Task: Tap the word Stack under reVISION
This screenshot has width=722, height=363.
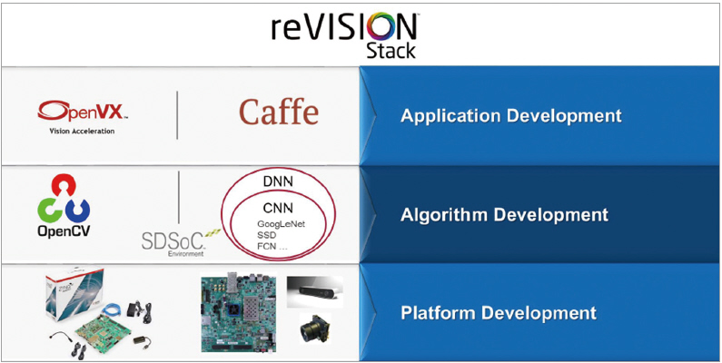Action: click(x=391, y=51)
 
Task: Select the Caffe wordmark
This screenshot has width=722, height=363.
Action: click(x=279, y=113)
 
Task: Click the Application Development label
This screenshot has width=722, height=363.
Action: click(x=511, y=116)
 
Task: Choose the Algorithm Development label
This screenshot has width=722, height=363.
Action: click(x=504, y=215)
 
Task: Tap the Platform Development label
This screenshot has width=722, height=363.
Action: click(x=499, y=313)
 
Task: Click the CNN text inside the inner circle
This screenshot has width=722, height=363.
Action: click(x=276, y=208)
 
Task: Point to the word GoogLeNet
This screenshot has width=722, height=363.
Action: click(x=282, y=223)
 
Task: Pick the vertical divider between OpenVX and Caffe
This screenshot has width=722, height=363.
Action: click(x=178, y=115)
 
